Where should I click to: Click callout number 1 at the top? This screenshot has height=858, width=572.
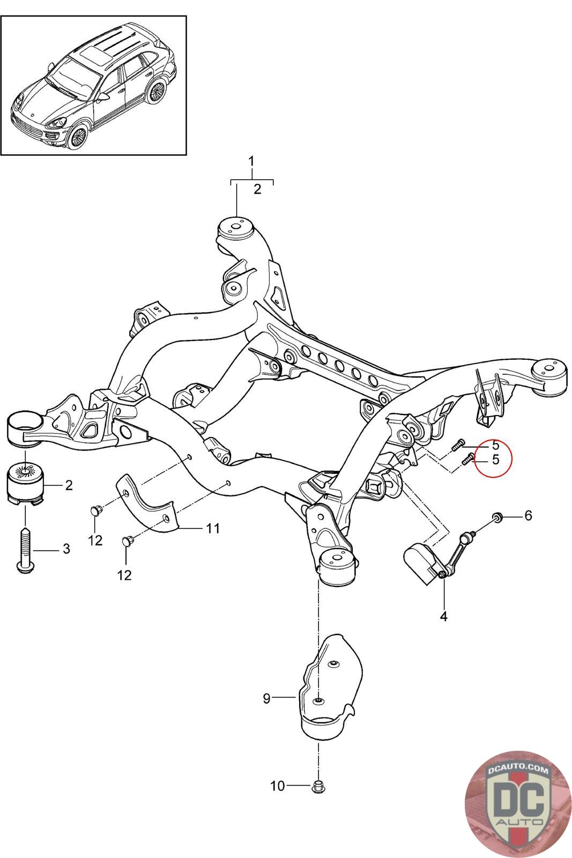point(251,161)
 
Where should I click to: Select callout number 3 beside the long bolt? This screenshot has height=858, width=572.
point(66,549)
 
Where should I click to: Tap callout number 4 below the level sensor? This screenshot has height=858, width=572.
point(443,616)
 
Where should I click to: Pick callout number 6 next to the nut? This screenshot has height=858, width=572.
point(528,515)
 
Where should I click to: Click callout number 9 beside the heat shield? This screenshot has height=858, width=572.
point(266,698)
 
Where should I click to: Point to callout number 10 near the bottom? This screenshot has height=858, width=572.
point(277,787)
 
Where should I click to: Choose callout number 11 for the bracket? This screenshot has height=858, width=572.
point(213,529)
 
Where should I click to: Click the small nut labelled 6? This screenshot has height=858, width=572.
point(497,517)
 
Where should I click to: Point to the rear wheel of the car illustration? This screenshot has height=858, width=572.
point(157,92)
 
